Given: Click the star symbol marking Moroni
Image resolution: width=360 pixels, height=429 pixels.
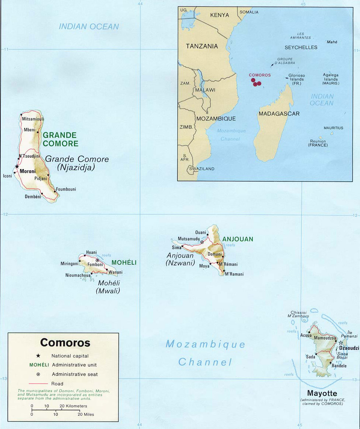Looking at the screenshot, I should coord(17,167).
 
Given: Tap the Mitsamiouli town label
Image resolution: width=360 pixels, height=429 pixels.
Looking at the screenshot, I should coord(33,119).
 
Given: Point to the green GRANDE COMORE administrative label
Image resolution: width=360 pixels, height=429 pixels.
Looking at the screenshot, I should coord(60,140).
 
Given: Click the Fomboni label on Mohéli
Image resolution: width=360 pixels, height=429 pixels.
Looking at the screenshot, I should coord(95,265).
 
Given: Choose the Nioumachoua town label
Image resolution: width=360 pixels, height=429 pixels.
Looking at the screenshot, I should coord(78,275).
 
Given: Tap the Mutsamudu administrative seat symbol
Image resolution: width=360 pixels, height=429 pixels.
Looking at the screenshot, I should coord(202,242).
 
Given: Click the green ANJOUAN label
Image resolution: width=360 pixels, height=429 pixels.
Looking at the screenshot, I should coord(238,239).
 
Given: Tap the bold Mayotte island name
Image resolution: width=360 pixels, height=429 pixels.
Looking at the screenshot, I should coord(322,394).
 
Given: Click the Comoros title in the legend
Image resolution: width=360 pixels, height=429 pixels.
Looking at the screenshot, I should coord(65,343).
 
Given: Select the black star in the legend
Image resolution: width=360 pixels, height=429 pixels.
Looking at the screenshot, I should coord(38,356).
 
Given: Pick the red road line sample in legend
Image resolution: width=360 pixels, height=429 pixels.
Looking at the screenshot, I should coord(38,384).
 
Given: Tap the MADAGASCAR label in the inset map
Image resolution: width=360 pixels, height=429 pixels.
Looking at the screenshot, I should coord(279,114).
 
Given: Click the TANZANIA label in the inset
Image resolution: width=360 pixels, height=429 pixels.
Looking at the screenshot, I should coord(202,47).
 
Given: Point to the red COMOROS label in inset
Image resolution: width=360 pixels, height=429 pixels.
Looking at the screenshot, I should coord(259,75).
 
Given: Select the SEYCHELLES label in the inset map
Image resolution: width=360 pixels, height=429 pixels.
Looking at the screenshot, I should coord(301,47).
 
